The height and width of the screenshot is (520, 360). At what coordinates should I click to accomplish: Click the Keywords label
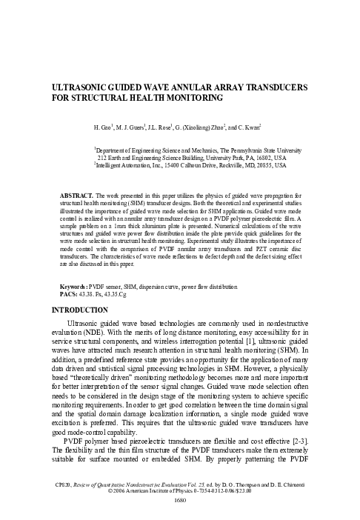(x=73, y=284)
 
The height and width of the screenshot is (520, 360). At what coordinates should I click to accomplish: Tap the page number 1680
(x=180, y=499)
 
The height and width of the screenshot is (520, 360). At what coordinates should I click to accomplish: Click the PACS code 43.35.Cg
(x=114, y=292)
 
